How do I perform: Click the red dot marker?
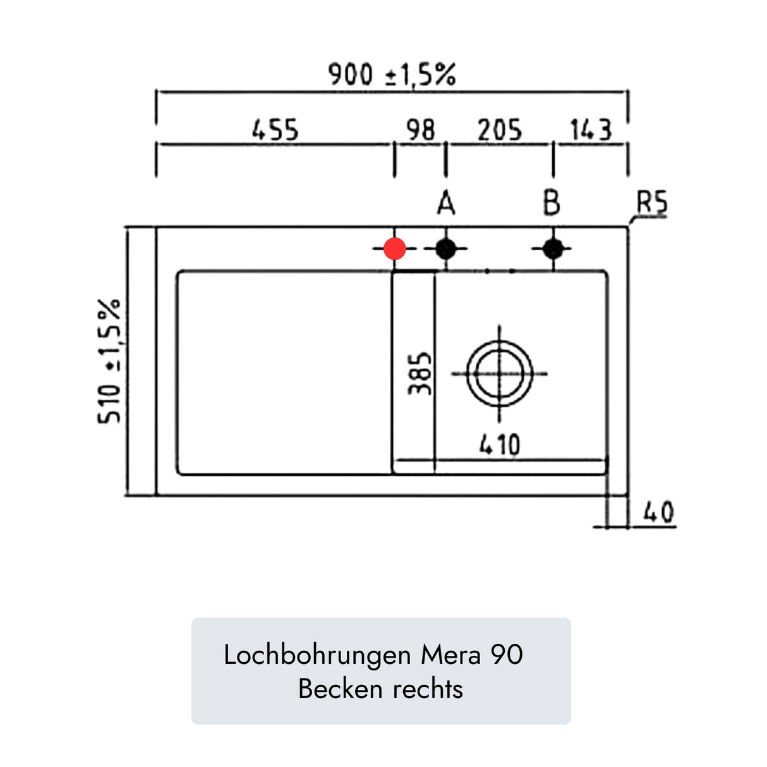394,249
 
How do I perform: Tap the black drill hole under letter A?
445,249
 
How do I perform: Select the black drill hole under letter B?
553,249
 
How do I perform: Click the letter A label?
446,203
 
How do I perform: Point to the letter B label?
552,203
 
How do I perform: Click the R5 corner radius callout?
652,203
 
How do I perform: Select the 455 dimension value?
275,130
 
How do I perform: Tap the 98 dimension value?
420,130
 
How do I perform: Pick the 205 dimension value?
500,130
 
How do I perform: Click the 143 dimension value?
591,130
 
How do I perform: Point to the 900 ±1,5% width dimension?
392,75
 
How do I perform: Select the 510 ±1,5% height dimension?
109,361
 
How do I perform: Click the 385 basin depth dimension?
420,373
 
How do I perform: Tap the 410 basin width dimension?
500,445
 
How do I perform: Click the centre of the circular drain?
500,374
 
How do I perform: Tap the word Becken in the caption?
341,690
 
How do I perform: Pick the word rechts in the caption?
428,690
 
